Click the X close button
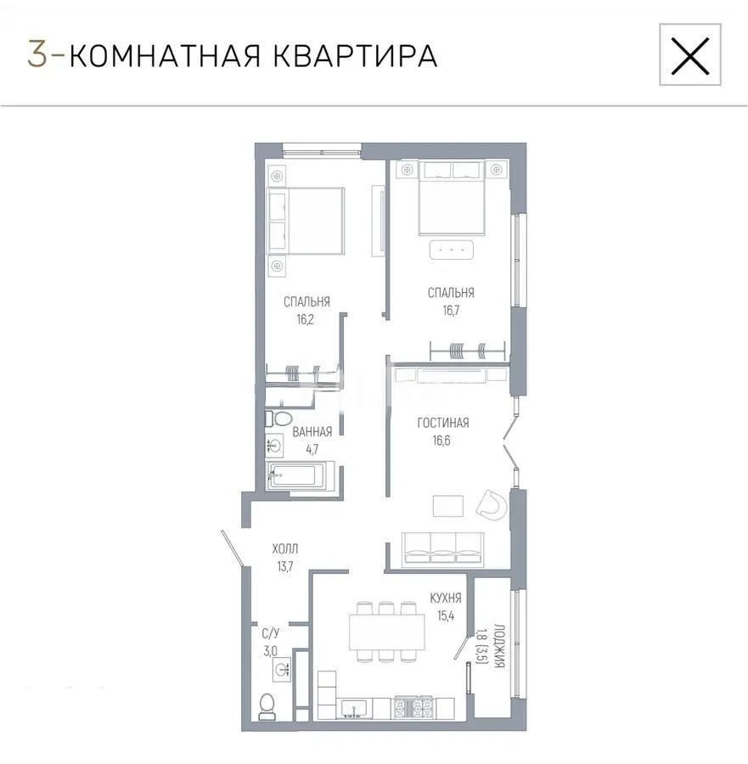tap(689, 55)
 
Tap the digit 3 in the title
tap(37, 54)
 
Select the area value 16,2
tap(306, 319)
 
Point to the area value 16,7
tap(450, 311)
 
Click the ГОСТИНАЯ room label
tap(443, 423)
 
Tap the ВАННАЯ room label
tap(312, 432)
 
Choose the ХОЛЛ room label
tap(284, 549)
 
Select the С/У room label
tap(270, 632)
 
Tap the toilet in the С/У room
tap(267, 705)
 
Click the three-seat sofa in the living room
tap(442, 548)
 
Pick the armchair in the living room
tap(490, 505)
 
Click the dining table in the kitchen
tap(386, 632)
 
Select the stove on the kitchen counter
tap(413, 707)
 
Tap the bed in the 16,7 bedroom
tap(452, 204)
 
